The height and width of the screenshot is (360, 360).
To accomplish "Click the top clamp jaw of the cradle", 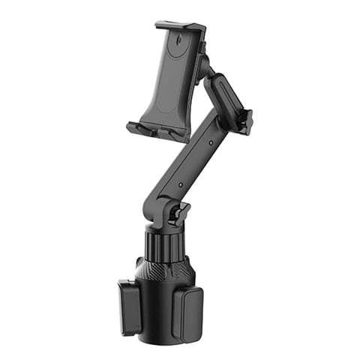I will [180, 27].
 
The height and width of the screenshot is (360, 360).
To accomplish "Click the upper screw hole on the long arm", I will [211, 142].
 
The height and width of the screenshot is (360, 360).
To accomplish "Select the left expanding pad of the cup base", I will [129, 306].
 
